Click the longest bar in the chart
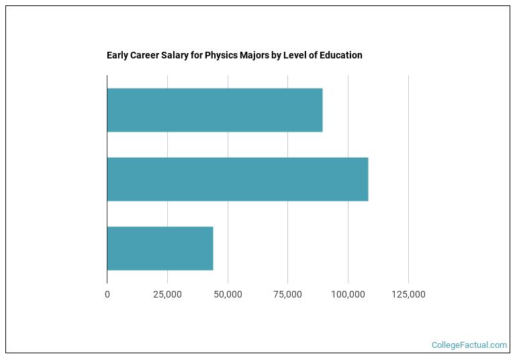(x=237, y=179)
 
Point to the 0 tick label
(x=107, y=295)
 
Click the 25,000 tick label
(x=167, y=295)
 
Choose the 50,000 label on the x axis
(x=228, y=295)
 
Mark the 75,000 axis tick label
(x=287, y=295)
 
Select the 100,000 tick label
(x=348, y=295)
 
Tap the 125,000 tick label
(x=408, y=295)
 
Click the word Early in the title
(x=117, y=55)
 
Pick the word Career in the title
(x=146, y=55)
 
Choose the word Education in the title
(x=341, y=55)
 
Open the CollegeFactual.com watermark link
(x=469, y=345)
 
